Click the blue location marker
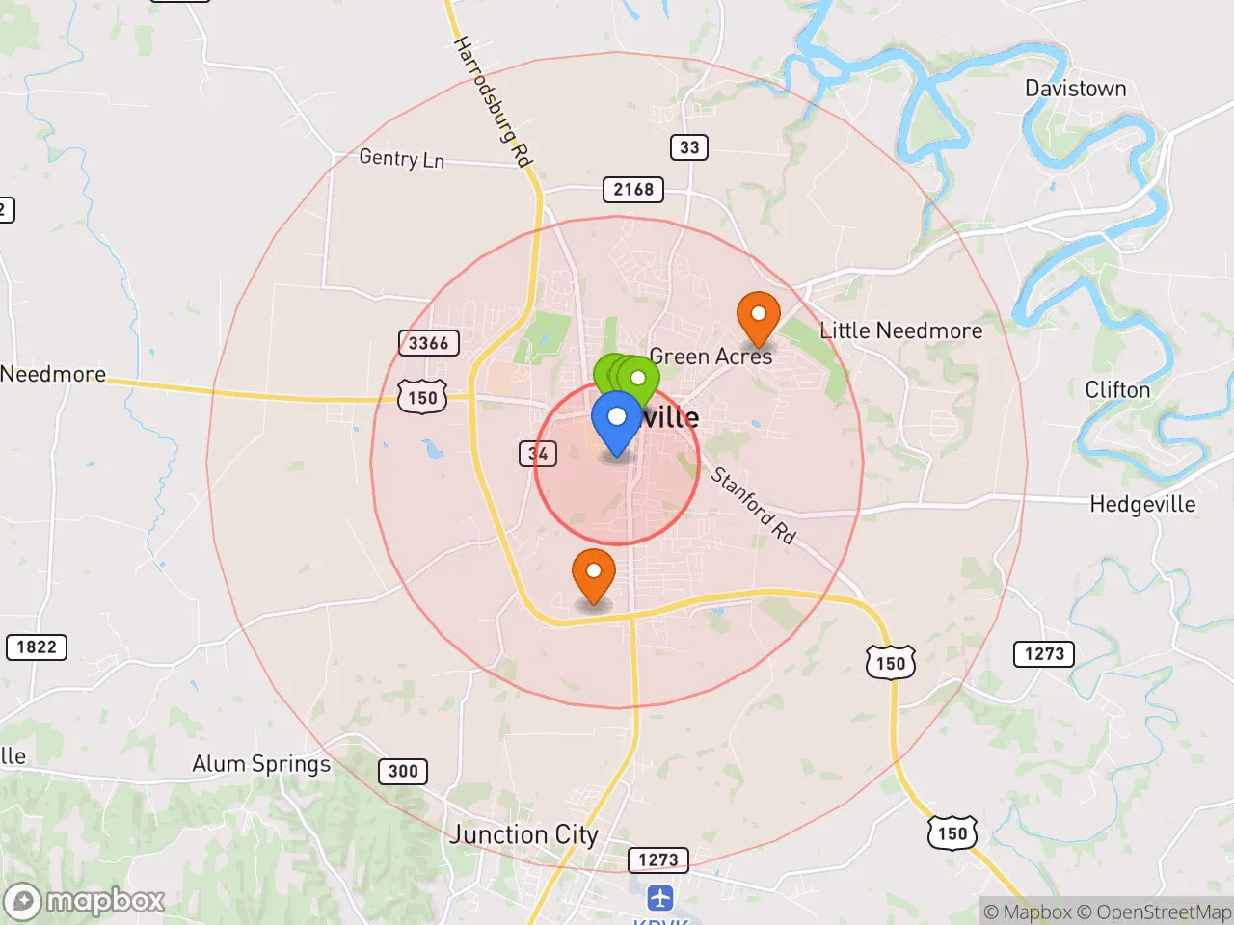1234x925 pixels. coord(616,420)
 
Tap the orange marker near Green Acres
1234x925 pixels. coord(758,316)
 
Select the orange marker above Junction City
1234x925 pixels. coord(594,574)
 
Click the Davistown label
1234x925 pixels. coord(1075,89)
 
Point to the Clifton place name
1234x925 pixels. coord(1117,390)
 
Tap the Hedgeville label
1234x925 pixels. coord(1142,504)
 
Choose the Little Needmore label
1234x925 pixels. coord(900,330)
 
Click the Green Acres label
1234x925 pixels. coord(711,357)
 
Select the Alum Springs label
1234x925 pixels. coord(261,764)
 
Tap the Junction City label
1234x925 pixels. coord(523,834)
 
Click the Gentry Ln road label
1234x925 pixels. coord(401,158)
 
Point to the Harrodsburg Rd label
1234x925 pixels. coord(493,102)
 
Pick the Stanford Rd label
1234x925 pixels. coord(753,505)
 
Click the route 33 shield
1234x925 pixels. coord(689,147)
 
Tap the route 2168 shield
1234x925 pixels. coord(633,189)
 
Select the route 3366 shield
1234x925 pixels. coord(428,343)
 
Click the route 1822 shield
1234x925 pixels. coord(37,647)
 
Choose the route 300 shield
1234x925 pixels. coord(403,771)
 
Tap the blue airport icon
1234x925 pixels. coord(660,899)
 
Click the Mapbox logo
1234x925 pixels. coord(85,901)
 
